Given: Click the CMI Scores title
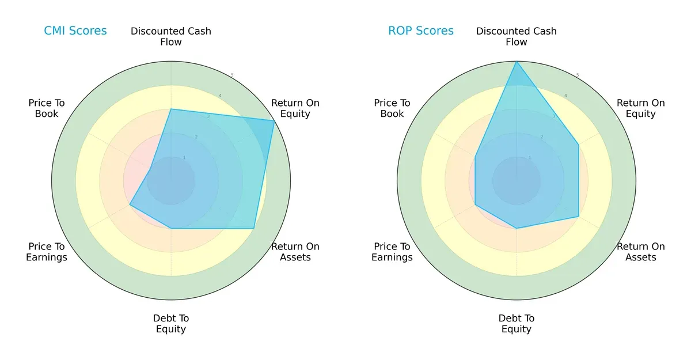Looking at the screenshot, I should point(75,31).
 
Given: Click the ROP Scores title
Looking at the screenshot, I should point(421,31).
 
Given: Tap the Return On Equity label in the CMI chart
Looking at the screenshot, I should point(295,108).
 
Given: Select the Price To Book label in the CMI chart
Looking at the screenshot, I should point(47,108).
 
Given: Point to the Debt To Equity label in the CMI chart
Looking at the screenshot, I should point(171,324).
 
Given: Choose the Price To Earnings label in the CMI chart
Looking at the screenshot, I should point(47,252).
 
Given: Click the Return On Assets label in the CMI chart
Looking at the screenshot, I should point(295,252).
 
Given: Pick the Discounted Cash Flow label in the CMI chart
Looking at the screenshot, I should point(171,36).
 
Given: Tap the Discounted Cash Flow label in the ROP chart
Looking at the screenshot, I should point(517,36).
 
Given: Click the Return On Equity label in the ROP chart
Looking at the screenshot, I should point(640,108).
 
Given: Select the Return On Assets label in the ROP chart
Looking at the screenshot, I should point(640,252).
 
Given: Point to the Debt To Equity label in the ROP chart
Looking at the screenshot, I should point(517,324).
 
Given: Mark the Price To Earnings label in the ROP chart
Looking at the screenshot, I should point(392,252).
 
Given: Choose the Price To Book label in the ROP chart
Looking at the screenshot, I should point(392,108).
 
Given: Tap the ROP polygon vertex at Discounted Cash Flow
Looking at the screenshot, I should point(517,62).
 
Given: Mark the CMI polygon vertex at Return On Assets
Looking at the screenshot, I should point(254,228).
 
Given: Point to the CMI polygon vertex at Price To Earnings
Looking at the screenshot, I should point(130,204).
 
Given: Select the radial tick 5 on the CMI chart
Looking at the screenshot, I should point(232,75).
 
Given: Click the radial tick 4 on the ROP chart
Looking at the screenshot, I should point(565,96).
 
